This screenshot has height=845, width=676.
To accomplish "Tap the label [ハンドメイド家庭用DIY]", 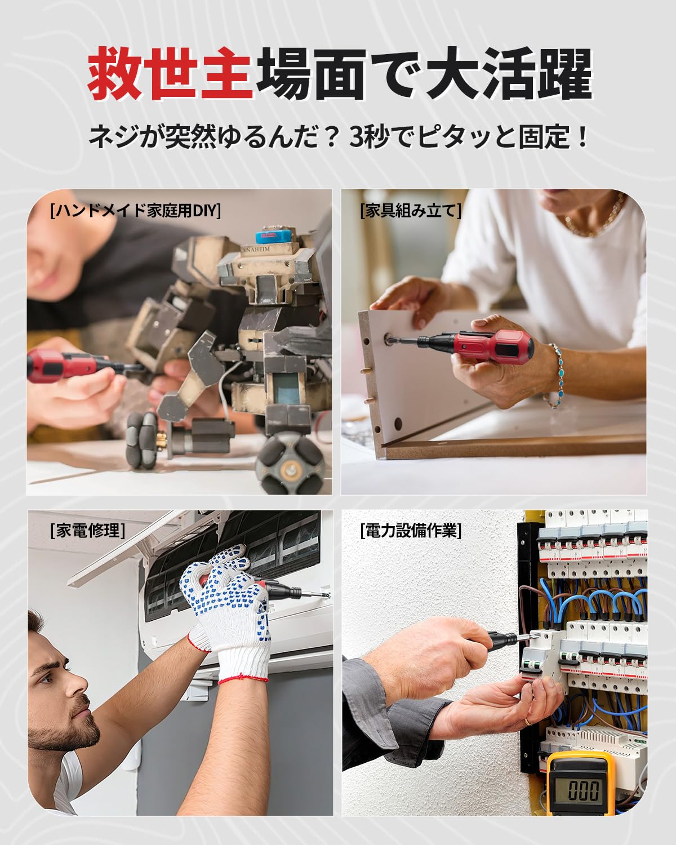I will pos(135,210).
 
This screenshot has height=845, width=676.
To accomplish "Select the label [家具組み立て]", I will pos(410,210).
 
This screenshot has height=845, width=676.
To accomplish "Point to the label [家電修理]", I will pos(87,530).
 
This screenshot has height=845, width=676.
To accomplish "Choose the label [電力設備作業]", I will pos(411,530).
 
